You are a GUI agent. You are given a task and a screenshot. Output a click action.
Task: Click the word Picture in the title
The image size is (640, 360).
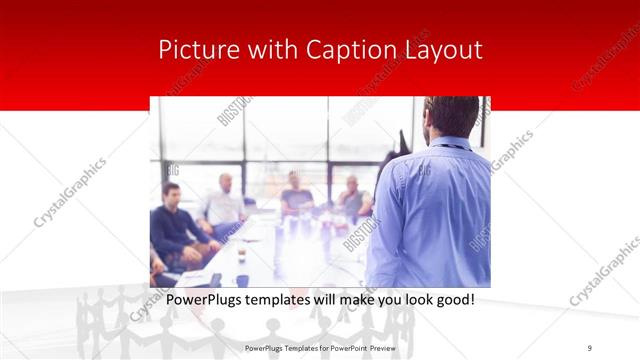click(192, 50)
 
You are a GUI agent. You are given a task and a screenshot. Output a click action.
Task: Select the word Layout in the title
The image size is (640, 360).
click(440, 50)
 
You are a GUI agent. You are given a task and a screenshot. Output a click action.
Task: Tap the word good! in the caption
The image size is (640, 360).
click(451, 299)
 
